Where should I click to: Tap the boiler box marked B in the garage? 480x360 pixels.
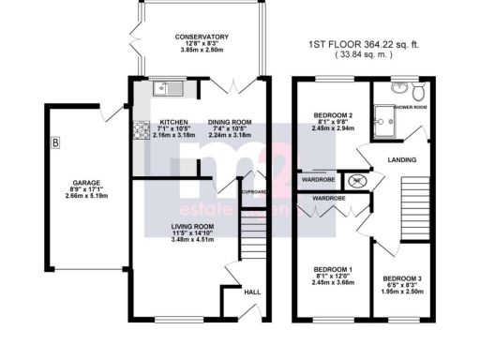pyautogui.click(x=55, y=143)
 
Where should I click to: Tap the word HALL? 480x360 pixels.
pyautogui.click(x=252, y=292)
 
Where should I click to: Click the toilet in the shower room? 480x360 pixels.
pyautogui.click(x=418, y=91)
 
